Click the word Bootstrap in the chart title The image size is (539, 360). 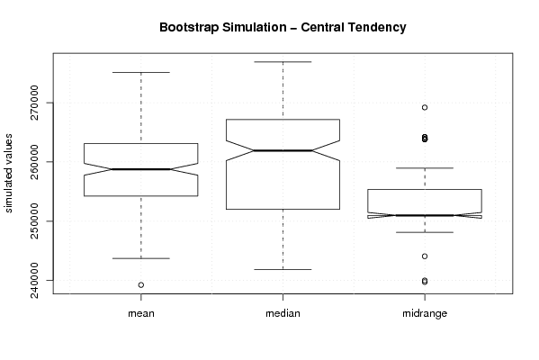click(189, 28)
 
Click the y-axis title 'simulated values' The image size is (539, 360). click(8, 174)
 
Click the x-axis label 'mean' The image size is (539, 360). click(141, 313)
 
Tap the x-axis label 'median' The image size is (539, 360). click(283, 313)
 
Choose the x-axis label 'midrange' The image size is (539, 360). click(425, 313)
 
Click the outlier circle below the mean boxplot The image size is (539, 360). click(141, 285)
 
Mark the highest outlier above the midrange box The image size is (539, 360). click(425, 108)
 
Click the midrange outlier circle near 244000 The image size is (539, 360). click(425, 256)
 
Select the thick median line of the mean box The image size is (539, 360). click(141, 169)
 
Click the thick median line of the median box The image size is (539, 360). click(283, 150)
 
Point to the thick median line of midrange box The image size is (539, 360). click(425, 215)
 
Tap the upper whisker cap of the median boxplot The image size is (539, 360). click(283, 62)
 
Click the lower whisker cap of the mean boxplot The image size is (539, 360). click(141, 258)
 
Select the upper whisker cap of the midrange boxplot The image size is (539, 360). click(425, 167)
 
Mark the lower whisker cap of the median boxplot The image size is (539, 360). click(283, 269)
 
